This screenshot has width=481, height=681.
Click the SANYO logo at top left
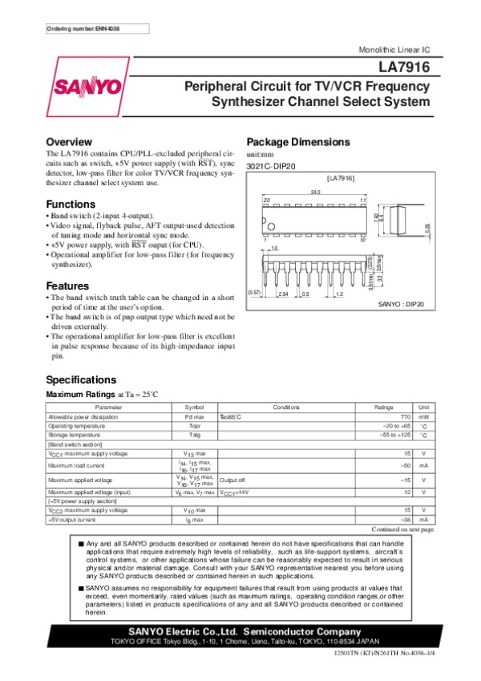click(87, 87)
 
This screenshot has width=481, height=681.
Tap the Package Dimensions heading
click(298, 142)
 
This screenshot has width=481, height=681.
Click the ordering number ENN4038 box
click(87, 29)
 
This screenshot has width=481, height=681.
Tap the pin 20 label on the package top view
click(268, 199)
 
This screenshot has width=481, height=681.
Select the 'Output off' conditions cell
click(232, 480)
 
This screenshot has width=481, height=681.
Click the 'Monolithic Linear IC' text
click(399, 50)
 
